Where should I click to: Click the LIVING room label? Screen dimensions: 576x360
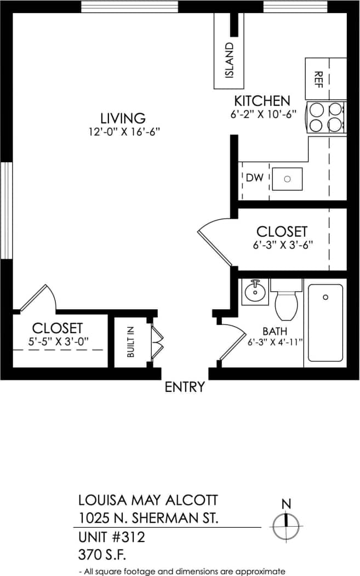click(123, 118)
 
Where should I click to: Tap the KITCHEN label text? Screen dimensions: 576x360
click(262, 101)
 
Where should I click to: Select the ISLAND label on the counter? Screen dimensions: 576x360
click(229, 60)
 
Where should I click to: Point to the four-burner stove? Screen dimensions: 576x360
click(325, 117)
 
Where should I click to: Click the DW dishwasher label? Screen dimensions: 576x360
click(255, 178)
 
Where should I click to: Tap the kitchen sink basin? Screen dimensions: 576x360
click(288, 179)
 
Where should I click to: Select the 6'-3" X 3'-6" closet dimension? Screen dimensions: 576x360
click(283, 246)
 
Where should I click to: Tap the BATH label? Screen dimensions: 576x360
click(275, 332)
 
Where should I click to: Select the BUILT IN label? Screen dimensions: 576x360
click(130, 343)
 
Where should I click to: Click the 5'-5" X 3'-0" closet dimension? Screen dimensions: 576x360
click(57, 341)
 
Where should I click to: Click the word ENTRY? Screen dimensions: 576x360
click(185, 387)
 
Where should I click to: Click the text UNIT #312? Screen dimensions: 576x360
click(112, 538)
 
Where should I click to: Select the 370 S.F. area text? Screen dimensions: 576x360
click(102, 555)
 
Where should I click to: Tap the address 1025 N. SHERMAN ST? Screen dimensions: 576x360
click(148, 518)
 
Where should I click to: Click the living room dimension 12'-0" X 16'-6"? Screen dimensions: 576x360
click(123, 132)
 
